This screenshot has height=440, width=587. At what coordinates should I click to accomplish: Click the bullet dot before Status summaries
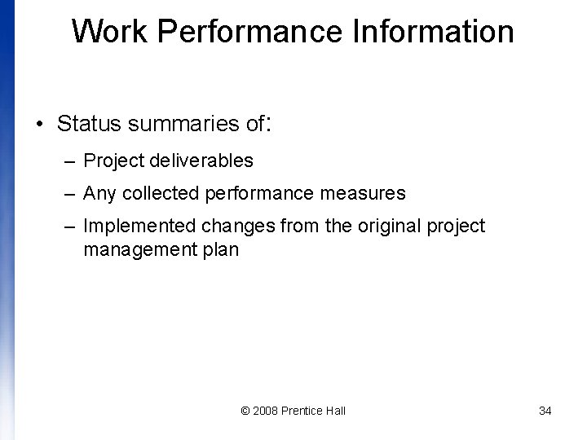(39, 125)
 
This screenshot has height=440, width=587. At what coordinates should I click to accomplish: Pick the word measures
(368, 194)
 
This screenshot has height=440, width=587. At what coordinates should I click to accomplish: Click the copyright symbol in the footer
(246, 411)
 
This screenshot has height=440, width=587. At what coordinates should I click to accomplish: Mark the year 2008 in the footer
(265, 411)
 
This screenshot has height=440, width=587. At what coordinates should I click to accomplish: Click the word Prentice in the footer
(302, 411)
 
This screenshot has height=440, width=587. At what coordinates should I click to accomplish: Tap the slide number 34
(545, 411)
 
